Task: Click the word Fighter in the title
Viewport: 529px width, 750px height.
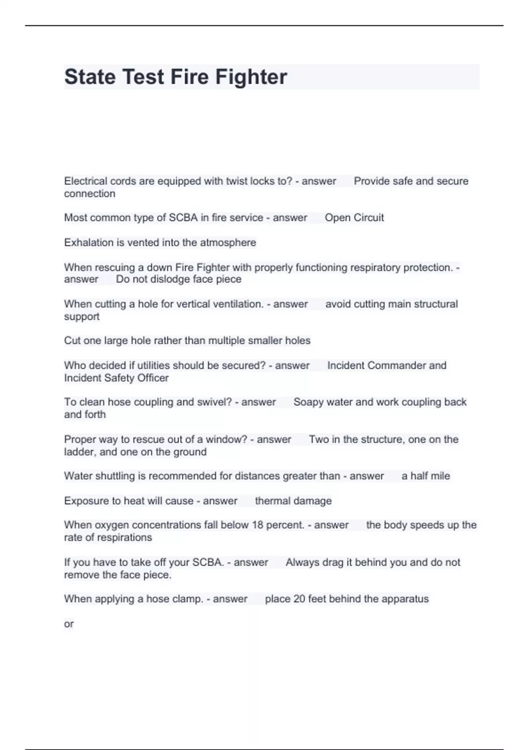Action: pyautogui.click(x=251, y=77)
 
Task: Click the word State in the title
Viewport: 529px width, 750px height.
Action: pyautogui.click(x=90, y=77)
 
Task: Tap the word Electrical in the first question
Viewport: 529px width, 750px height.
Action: pyautogui.click(x=86, y=181)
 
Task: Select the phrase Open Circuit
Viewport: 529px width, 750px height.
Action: pyautogui.click(x=354, y=217)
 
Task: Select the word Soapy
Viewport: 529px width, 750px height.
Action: pyautogui.click(x=307, y=402)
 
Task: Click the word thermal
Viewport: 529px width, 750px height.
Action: pyautogui.click(x=269, y=501)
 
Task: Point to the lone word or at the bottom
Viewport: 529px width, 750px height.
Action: pyautogui.click(x=69, y=624)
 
